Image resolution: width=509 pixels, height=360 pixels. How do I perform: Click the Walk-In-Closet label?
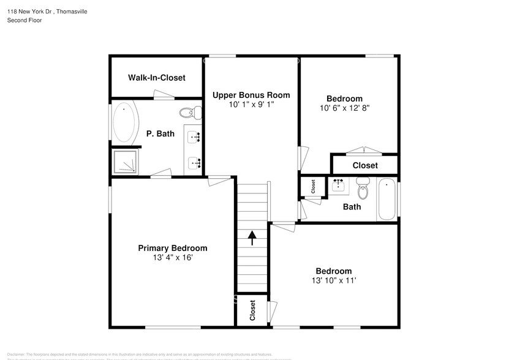[x=156, y=78]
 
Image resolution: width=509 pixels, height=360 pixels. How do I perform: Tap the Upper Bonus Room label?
[x=251, y=95]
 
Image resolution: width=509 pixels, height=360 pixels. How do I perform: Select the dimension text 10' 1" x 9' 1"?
[x=251, y=105]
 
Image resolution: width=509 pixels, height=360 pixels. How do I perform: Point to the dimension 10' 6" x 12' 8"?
[x=344, y=108]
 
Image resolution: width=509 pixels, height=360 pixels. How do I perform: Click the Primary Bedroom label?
[x=172, y=248]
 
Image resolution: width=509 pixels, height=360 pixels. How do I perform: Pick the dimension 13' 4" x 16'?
[x=172, y=258]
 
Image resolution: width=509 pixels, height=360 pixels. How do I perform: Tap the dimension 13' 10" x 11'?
[x=334, y=280]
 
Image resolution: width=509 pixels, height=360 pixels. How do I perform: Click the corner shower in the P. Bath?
[x=126, y=162]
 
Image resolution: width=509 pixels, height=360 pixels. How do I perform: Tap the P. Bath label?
[x=160, y=133]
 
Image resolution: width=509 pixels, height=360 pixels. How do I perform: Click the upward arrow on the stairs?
[x=252, y=238]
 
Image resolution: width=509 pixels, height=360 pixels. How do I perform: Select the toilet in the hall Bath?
[x=363, y=189]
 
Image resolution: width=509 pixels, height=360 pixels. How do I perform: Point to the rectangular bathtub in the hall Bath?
[x=387, y=199]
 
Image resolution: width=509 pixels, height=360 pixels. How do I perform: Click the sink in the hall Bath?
[x=337, y=186]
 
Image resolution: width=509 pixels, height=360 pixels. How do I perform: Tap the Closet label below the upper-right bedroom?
[x=365, y=165]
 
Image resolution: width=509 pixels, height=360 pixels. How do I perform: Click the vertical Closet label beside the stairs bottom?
[x=252, y=311]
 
